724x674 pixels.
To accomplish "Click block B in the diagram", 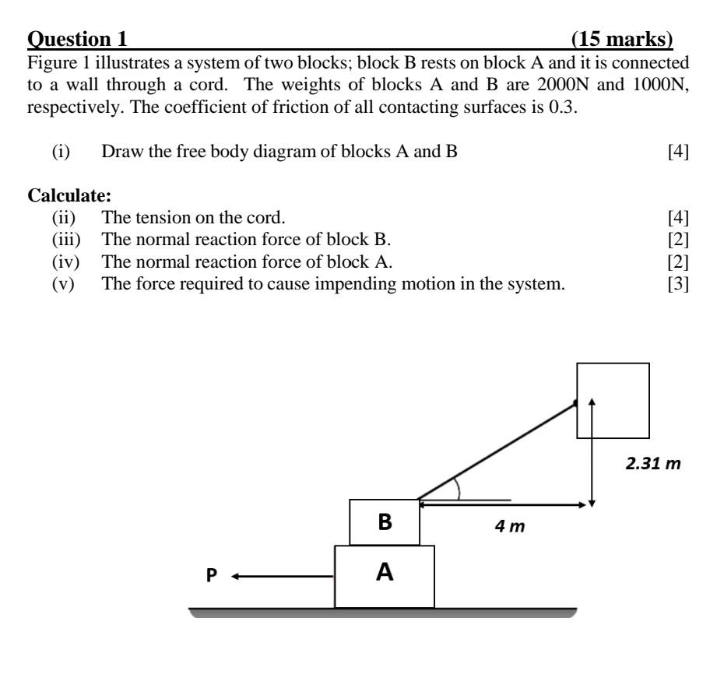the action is (385, 522).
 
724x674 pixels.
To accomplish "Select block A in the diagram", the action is (385, 576).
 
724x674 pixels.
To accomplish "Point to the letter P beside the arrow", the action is (212, 576).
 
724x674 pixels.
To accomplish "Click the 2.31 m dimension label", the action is (653, 465).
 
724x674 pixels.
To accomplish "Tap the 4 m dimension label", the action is (511, 527).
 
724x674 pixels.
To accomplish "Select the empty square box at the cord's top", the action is (613, 400).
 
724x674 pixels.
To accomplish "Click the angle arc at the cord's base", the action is (458, 488).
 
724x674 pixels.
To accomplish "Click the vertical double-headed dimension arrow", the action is (592, 451).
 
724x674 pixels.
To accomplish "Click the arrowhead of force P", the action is (235, 577).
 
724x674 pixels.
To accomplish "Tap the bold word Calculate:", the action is (65, 196).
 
